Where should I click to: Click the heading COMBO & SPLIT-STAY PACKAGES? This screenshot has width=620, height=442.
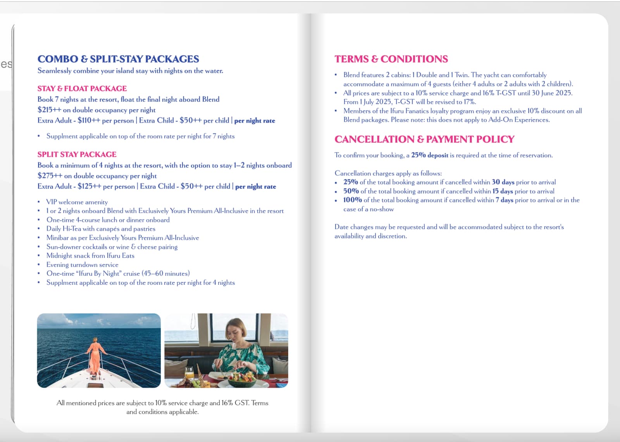(118, 59)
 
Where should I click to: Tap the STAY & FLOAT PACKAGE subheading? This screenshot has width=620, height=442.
(82, 89)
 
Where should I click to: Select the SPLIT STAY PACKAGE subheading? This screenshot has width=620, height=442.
(77, 154)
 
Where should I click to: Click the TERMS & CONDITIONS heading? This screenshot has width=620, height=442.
(391, 59)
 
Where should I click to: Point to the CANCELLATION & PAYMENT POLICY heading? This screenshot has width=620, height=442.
(424, 139)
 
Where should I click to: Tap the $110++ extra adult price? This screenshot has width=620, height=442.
(89, 120)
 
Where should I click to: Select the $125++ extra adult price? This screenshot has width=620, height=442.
(90, 186)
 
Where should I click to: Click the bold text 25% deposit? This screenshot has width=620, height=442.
(429, 155)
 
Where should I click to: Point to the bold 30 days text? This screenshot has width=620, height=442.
(503, 182)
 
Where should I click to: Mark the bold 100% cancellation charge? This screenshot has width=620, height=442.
(352, 200)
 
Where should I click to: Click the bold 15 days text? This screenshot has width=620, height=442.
(503, 191)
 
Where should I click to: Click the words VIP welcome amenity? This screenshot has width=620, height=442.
(77, 202)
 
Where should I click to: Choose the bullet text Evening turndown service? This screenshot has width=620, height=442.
(82, 265)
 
